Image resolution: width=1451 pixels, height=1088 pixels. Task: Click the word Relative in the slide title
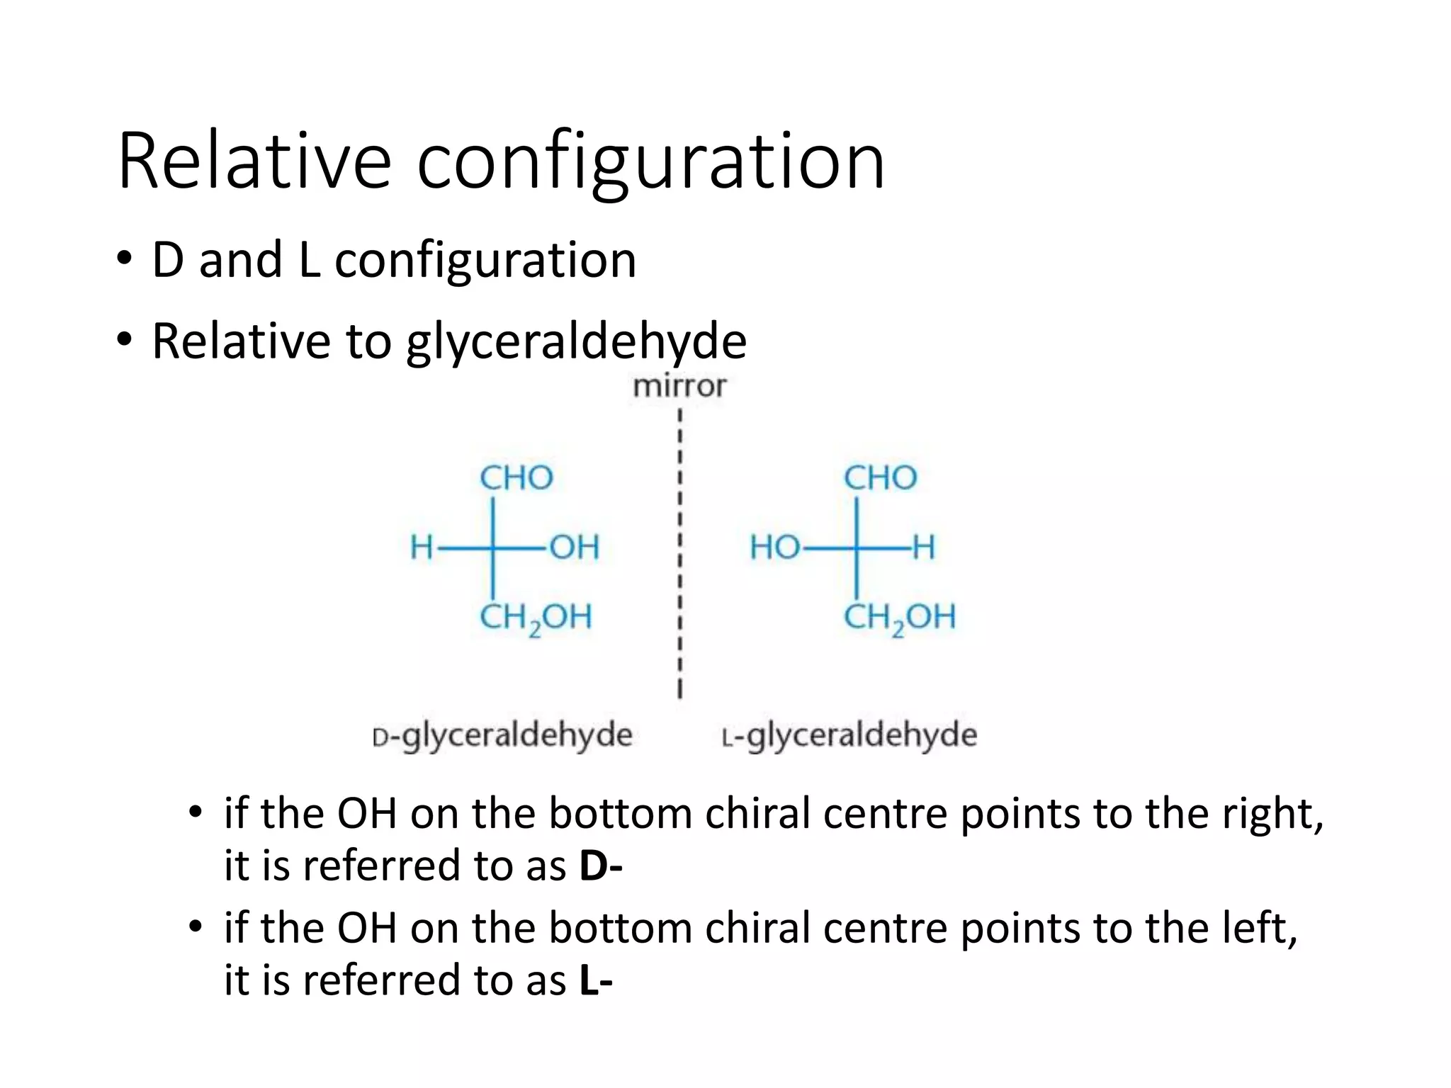coord(254,161)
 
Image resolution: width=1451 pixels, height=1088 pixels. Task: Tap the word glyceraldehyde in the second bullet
coord(576,342)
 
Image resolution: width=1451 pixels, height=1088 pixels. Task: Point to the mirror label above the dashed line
coord(679,387)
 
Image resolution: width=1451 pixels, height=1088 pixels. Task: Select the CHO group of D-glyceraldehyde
coord(516,478)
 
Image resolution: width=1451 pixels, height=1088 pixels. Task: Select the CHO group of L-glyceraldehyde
coord(880,478)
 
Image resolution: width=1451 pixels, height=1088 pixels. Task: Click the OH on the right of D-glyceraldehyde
coord(575,548)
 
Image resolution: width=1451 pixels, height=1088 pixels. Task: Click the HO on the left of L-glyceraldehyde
coord(775,548)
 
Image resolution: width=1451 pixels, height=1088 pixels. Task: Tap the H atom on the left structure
coord(422,548)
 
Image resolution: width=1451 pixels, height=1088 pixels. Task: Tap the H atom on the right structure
coord(923,548)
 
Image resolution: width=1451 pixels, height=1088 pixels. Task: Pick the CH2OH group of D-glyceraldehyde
coord(536,618)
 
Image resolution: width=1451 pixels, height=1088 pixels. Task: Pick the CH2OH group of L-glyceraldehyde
coord(899,618)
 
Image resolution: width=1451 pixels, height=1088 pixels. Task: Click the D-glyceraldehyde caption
coord(502,735)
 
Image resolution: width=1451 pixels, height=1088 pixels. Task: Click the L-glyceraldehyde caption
coord(849,735)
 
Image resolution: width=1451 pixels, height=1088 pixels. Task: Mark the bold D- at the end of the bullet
coord(600,866)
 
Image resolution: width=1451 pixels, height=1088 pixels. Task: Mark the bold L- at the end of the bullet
coord(595,980)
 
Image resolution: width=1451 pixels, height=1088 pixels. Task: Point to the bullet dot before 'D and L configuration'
coord(125,259)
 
